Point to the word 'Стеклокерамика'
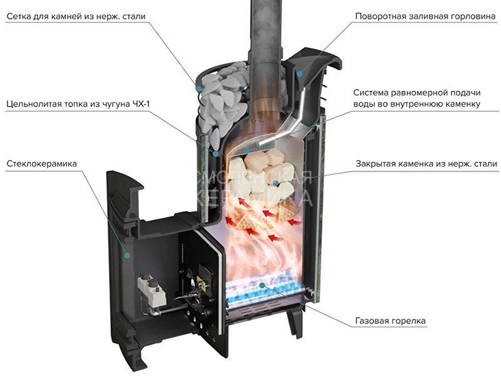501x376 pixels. pos(42,164)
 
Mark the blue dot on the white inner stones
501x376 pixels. pos(276,183)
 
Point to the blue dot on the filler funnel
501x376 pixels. pos(300,74)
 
